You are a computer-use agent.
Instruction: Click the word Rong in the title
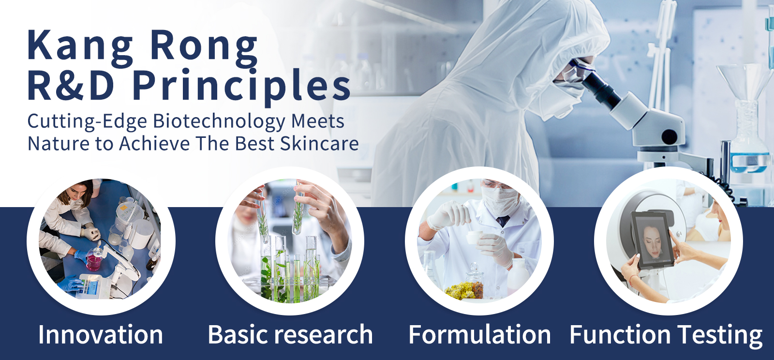204,46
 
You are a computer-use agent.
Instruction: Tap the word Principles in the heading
241,87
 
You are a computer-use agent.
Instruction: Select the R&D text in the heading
71,85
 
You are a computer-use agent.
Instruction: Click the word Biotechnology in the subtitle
219,122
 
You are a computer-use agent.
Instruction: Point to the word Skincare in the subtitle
319,144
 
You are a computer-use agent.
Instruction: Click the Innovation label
101,334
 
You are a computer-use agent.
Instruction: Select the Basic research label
290,334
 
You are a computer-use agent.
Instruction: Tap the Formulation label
479,334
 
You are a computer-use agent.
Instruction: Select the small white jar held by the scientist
474,239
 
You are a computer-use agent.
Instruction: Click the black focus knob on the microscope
670,137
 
